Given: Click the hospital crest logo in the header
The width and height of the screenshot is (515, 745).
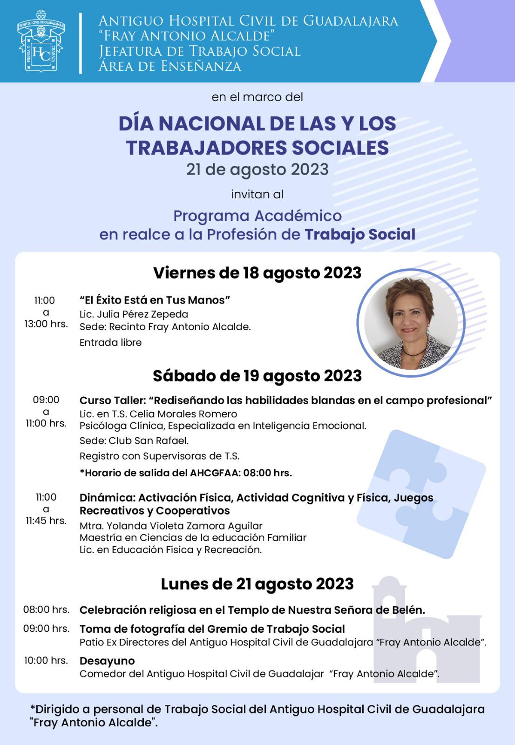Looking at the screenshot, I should click(x=41, y=42).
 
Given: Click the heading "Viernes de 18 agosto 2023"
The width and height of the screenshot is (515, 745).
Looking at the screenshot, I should click(x=257, y=273).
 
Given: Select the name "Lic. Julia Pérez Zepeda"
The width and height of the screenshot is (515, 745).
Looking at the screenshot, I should click(x=134, y=314).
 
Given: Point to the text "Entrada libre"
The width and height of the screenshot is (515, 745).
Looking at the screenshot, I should click(x=110, y=343).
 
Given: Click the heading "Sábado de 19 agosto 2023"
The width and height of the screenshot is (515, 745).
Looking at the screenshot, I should click(x=257, y=376).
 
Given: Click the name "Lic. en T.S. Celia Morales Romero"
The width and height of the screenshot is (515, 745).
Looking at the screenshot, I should click(x=158, y=414).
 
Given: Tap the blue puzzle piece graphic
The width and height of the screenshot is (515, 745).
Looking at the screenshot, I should click(x=421, y=494).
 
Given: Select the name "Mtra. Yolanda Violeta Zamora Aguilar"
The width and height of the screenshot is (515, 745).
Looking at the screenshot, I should click(x=171, y=526).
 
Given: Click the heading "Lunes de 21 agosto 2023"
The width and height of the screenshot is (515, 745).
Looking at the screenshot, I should click(x=257, y=584).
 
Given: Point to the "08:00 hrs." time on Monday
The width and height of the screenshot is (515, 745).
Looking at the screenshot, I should click(x=46, y=610).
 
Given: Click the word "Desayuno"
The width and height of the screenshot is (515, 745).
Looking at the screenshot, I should click(x=107, y=661).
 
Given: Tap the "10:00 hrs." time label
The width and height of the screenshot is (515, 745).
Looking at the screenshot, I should click(x=46, y=660).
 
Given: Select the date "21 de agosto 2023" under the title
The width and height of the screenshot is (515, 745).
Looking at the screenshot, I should click(x=257, y=169).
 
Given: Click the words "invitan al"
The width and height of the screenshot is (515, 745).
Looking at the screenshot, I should click(x=257, y=194).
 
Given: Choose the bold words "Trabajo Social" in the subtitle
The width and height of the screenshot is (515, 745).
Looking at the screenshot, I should click(x=359, y=234).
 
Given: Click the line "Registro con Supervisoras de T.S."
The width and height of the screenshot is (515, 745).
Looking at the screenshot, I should click(x=159, y=456).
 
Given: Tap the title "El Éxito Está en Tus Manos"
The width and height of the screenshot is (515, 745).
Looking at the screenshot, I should click(x=155, y=300).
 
